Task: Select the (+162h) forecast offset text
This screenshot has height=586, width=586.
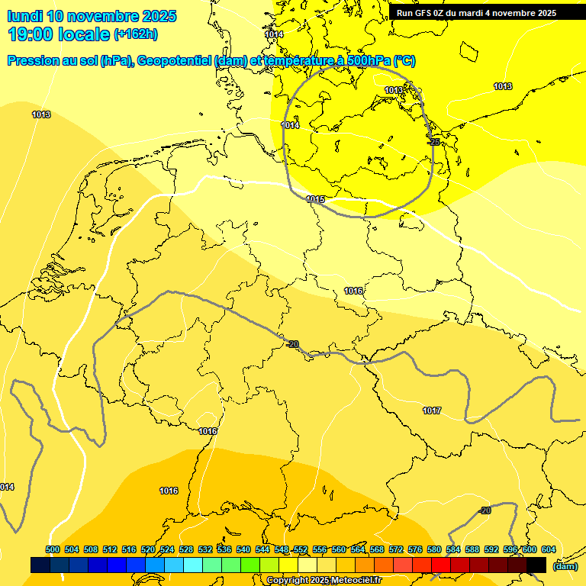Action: pos(136,34)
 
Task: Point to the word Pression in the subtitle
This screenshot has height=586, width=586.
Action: pos(34,61)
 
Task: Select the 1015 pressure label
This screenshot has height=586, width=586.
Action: pos(315,199)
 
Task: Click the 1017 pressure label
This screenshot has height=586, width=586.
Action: pos(432,411)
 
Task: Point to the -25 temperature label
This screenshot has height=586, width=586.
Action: pos(433,142)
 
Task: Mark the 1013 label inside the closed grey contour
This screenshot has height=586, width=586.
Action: pos(394,90)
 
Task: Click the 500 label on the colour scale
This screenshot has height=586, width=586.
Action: pos(53,549)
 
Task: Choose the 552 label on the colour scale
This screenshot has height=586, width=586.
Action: pos(301,549)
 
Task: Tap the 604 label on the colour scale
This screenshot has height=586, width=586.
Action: pos(549,549)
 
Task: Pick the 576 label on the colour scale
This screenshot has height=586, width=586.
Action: pos(415,549)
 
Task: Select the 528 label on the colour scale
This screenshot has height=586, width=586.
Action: pos(186,549)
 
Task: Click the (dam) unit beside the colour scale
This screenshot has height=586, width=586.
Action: pos(565,565)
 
